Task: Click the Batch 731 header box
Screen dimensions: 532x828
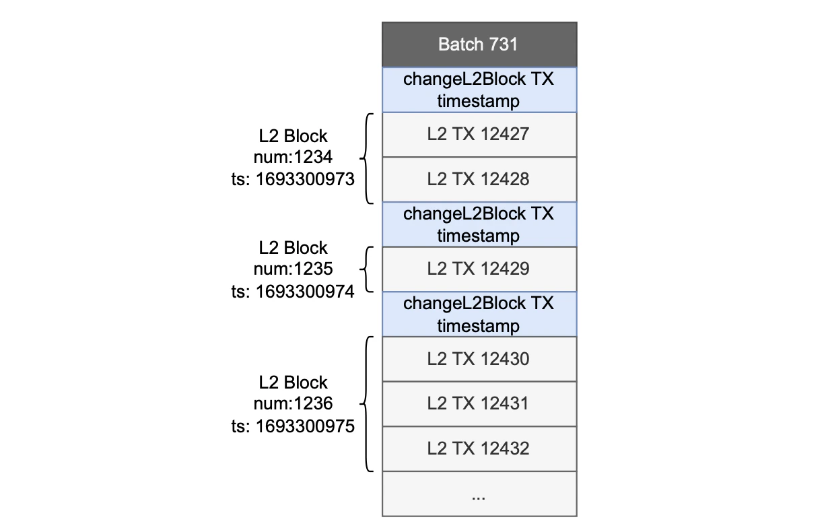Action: [479, 44]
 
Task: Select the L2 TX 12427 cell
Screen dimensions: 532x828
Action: [479, 135]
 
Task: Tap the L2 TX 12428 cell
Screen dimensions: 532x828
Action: [479, 179]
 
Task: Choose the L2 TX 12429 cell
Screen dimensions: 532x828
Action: [479, 269]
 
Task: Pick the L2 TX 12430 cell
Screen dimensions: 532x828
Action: [479, 359]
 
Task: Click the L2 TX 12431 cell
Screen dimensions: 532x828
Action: [479, 404]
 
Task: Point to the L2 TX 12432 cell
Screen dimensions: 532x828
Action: [479, 448]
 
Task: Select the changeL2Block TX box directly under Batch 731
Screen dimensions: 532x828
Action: [479, 90]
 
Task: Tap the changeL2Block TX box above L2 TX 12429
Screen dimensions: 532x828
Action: [479, 224]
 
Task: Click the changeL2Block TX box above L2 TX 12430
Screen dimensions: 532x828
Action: [479, 314]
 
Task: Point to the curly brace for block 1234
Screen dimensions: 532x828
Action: [368, 158]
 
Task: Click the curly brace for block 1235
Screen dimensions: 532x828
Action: [368, 269]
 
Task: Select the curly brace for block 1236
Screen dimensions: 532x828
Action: [368, 404]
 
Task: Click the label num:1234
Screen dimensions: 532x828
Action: [293, 158]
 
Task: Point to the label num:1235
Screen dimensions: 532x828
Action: [293, 269]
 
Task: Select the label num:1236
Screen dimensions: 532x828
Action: [293, 404]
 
